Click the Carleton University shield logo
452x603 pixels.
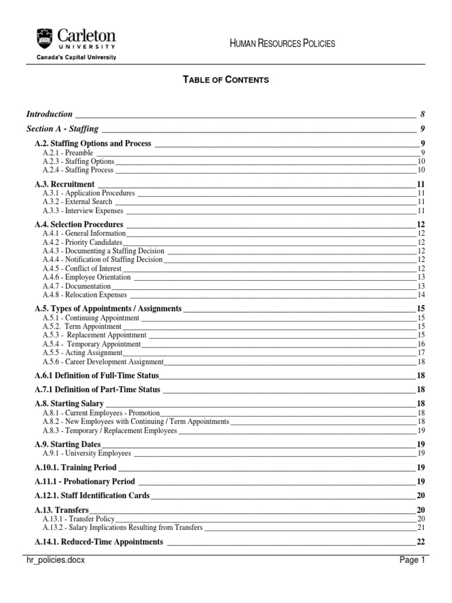click(44, 38)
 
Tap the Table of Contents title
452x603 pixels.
click(226, 80)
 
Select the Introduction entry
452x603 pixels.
click(50, 114)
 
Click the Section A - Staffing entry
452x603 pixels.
click(62, 129)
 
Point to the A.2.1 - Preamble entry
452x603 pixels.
click(68, 153)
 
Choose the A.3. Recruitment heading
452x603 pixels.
click(64, 184)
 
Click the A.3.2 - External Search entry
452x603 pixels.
click(77, 202)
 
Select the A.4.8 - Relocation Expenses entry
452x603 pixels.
click(84, 294)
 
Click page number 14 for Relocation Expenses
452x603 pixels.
click(421, 294)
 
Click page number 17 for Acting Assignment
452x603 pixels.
click(421, 353)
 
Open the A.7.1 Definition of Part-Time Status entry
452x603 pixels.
click(97, 390)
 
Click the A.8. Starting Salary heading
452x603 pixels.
click(69, 404)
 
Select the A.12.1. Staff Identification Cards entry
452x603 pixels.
click(92, 496)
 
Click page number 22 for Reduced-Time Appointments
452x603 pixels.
click(420, 542)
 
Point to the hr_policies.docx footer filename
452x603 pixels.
click(57, 561)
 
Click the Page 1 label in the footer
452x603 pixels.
click(412, 561)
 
